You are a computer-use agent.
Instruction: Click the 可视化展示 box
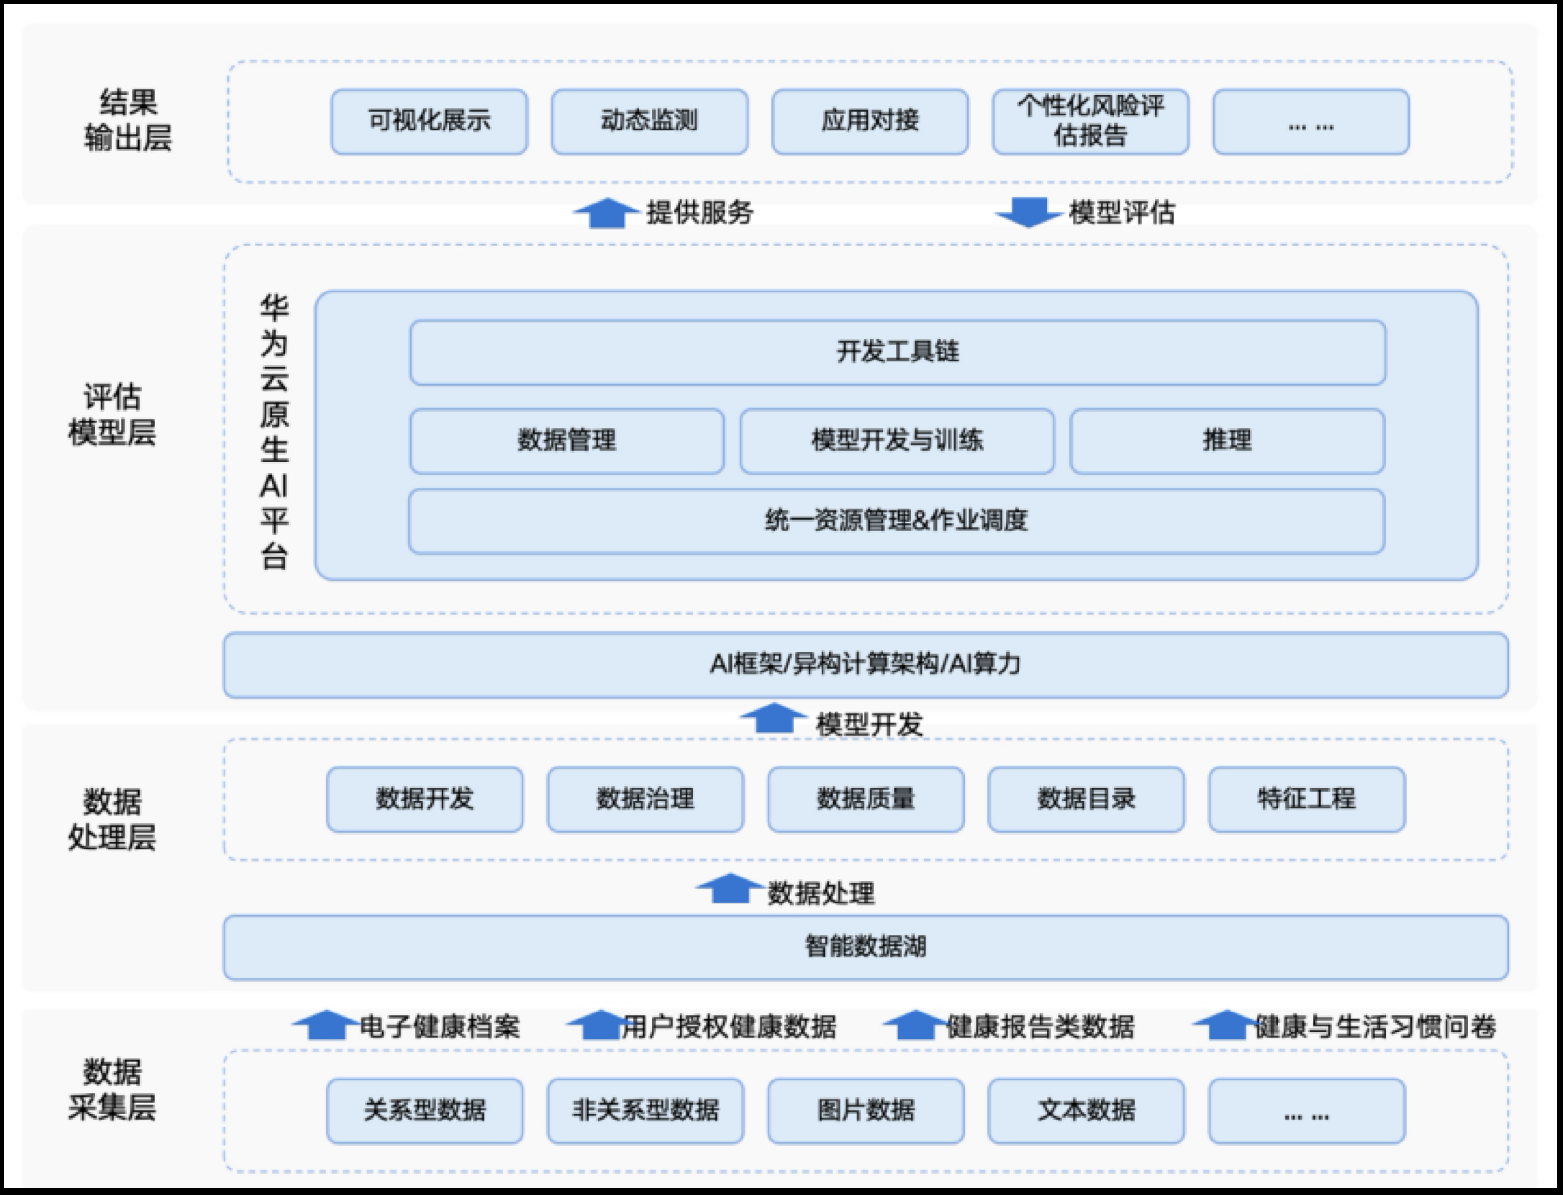[429, 121]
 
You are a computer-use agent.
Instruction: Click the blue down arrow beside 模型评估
[1028, 212]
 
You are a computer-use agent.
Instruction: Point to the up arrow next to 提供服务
[605, 213]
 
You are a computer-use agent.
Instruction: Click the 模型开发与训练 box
[897, 440]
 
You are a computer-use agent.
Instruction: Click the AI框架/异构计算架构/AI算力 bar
[865, 665]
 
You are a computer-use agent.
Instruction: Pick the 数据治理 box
[645, 799]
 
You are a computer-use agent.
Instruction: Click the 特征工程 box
[1306, 799]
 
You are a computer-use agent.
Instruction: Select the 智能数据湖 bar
[865, 947]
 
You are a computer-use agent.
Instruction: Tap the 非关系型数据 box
[645, 1110]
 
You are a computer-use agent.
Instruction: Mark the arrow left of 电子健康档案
[325, 1025]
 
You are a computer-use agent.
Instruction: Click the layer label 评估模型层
[112, 414]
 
